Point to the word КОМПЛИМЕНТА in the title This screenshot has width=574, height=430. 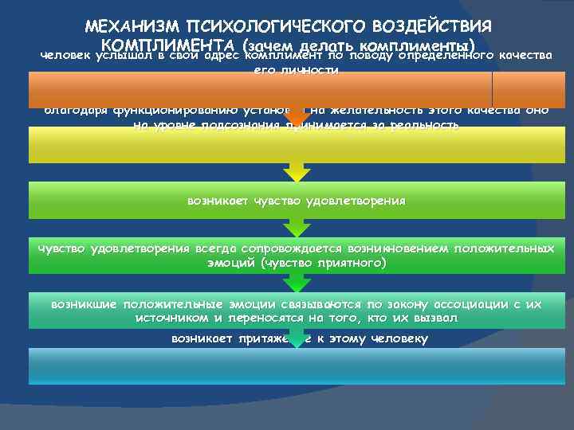click(x=171, y=43)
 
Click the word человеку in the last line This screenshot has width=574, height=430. click(x=396, y=338)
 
